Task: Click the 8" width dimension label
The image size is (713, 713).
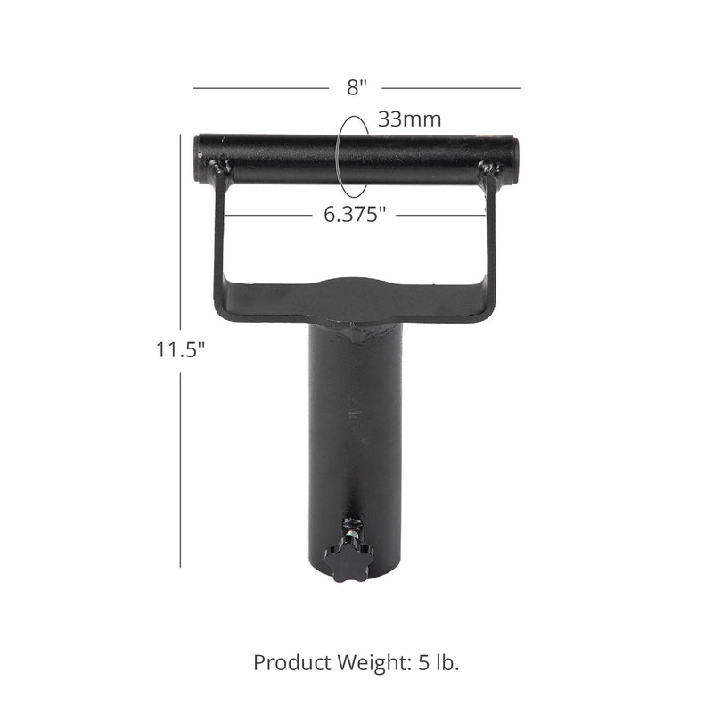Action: click(x=357, y=87)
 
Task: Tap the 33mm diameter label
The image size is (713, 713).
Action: click(x=409, y=119)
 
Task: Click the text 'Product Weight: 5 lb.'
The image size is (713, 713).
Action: click(x=356, y=662)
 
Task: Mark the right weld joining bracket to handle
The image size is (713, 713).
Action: click(x=488, y=168)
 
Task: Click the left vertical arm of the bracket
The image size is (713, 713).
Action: click(x=217, y=241)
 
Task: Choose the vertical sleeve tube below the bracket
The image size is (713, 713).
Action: click(x=356, y=428)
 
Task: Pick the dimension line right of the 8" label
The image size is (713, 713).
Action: click(x=452, y=88)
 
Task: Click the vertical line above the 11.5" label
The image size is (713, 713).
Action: click(x=182, y=232)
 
